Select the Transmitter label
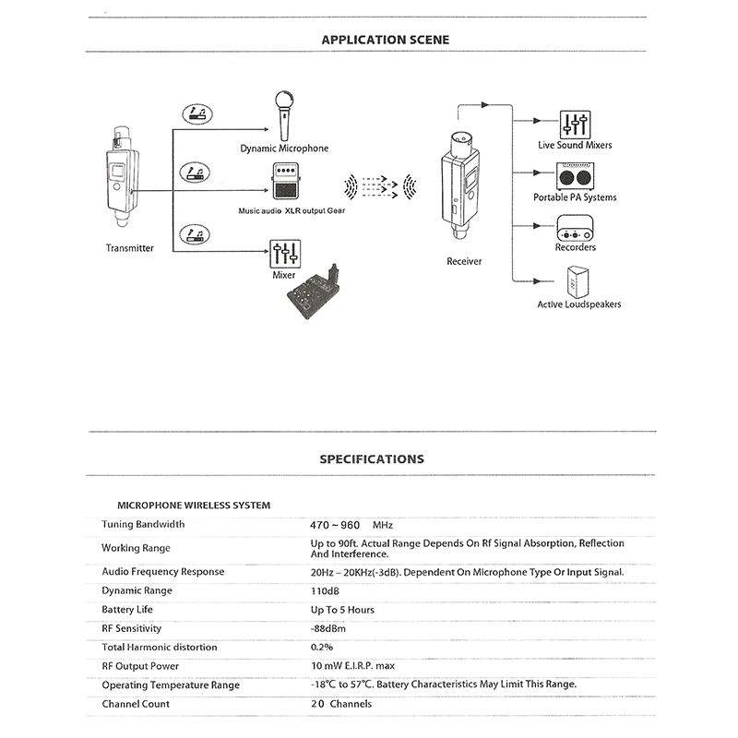pyautogui.click(x=130, y=248)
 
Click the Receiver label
pyautogui.click(x=464, y=261)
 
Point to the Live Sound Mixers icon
pyautogui.click(x=575, y=124)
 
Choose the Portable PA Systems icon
pyautogui.click(x=575, y=176)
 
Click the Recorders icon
pyautogui.click(x=575, y=226)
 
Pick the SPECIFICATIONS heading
pyautogui.click(x=372, y=458)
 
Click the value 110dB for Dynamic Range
pyautogui.click(x=326, y=591)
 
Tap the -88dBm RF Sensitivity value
pyautogui.click(x=328, y=628)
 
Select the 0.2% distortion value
pyautogui.click(x=322, y=648)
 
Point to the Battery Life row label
pyautogui.click(x=127, y=610)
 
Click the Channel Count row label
pyautogui.click(x=136, y=704)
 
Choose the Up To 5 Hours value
pyautogui.click(x=342, y=610)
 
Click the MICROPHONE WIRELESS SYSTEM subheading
pyautogui.click(x=194, y=506)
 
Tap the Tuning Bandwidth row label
pyautogui.click(x=143, y=524)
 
